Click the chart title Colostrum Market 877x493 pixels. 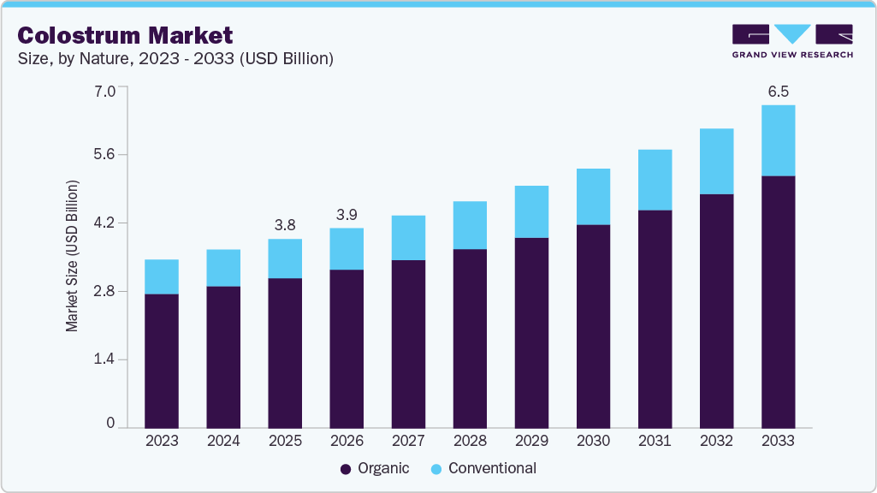click(x=124, y=35)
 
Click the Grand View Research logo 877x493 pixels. click(x=791, y=41)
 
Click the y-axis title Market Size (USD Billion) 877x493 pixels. click(x=73, y=257)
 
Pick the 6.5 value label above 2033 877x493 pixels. click(x=778, y=90)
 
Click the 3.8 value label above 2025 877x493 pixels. click(x=285, y=224)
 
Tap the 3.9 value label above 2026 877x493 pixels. click(x=347, y=213)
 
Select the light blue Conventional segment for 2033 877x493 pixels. click(x=778, y=140)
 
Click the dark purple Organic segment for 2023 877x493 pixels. click(x=162, y=360)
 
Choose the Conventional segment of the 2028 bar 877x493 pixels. click(x=470, y=225)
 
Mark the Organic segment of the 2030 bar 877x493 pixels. click(x=593, y=325)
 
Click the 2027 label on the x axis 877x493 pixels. click(x=408, y=441)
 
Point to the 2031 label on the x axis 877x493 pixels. click(x=655, y=441)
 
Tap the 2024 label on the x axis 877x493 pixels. click(x=223, y=441)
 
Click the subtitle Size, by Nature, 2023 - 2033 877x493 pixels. click(x=175, y=59)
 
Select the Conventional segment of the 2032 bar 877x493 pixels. click(x=716, y=161)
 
